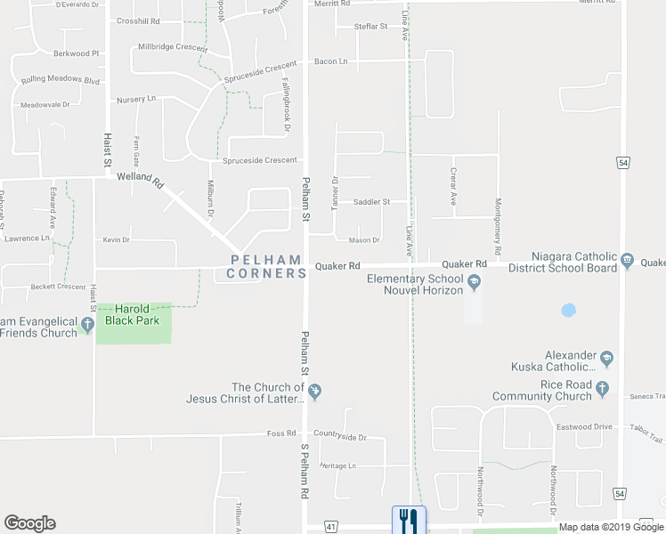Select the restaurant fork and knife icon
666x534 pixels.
tap(409, 520)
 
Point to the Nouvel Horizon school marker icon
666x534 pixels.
tap(475, 284)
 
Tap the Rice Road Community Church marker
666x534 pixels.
tap(603, 389)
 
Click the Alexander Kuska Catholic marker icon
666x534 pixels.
tap(608, 359)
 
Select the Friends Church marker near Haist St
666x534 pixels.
tap(87, 326)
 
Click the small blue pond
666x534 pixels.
tap(567, 311)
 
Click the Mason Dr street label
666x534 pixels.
tap(364, 239)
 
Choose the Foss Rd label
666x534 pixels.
tap(280, 433)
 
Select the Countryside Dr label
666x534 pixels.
tap(339, 437)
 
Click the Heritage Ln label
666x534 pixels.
tap(337, 465)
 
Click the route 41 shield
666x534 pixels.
tap(330, 528)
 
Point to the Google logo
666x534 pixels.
tap(29, 523)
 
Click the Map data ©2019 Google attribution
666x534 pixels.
tap(611, 528)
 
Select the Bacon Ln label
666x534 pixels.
tap(330, 61)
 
